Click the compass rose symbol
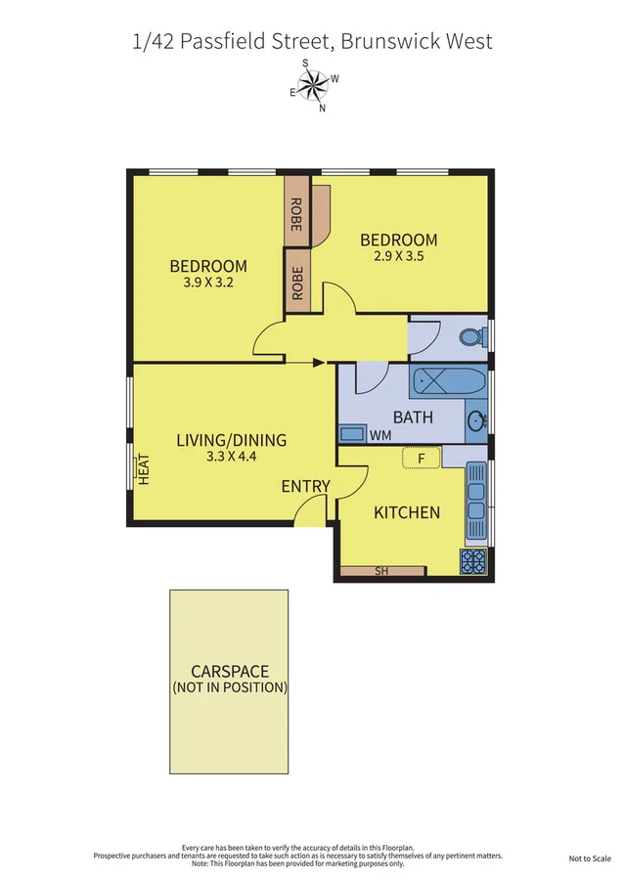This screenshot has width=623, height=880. pos(313,85)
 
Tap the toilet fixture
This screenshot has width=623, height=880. pos(470,337)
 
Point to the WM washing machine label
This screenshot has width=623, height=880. pos(380,434)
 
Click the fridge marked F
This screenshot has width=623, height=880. pos(422,457)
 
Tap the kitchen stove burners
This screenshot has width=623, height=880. pos(473,562)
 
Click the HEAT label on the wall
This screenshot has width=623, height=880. pos(144,470)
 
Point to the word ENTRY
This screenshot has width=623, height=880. pos(306,487)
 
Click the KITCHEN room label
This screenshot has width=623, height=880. pos(407,512)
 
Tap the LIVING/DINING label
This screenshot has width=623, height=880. pos(232,440)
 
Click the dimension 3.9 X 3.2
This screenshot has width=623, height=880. pos(208,284)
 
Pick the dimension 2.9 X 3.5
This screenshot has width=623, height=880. pos(398,257)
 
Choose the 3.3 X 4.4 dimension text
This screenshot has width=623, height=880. pos(232,457)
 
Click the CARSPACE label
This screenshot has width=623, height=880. pos(230,671)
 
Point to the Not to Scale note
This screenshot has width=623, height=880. pos(590,858)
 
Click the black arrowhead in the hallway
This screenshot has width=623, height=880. pos(319,363)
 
